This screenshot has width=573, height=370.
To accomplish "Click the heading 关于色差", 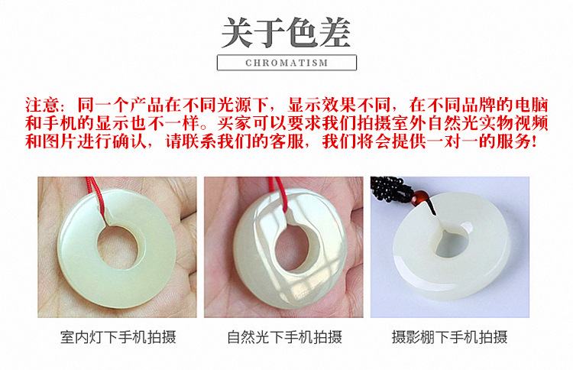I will coord(286,32).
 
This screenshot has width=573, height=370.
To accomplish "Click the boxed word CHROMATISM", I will coord(286,63).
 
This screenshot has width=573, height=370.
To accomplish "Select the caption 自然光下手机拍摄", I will coord(284,337).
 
